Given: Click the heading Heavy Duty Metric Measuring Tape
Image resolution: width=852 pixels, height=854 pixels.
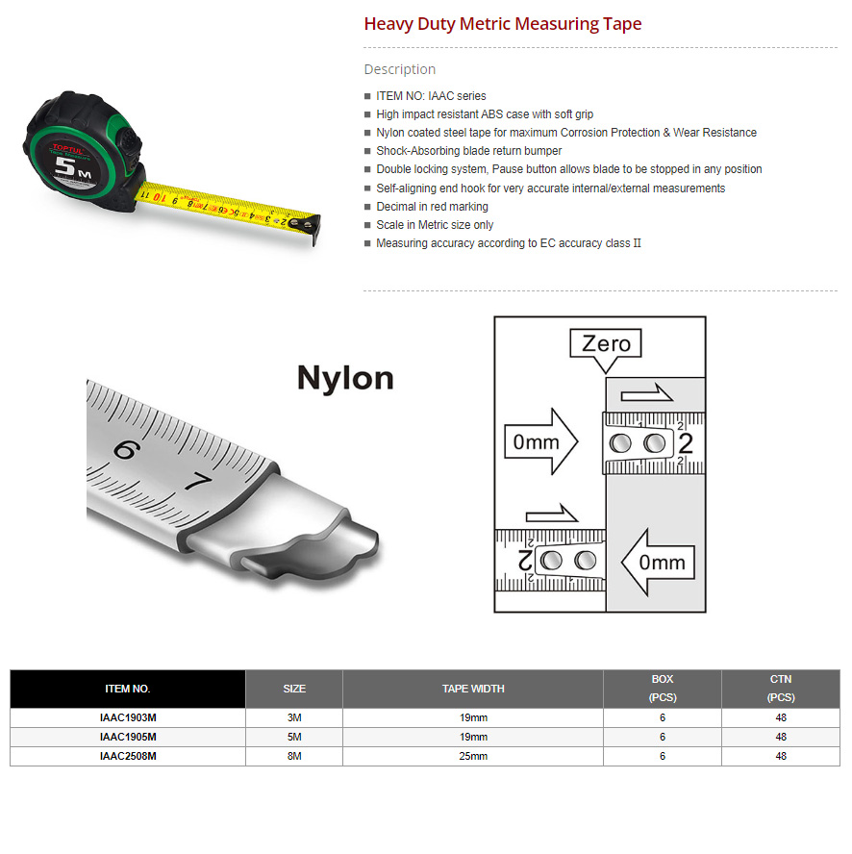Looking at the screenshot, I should coord(502,24).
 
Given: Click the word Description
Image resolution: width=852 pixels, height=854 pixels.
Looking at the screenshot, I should coord(399,69).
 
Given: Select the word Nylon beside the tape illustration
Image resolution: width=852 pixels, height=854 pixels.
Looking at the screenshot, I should coord(345,377).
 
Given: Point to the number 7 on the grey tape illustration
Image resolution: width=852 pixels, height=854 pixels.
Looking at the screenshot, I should coord(198,481).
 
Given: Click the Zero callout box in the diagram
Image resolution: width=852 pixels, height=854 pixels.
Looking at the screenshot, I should coord(606,344).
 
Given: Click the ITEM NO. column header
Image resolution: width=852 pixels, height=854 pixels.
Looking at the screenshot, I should coord(127,689).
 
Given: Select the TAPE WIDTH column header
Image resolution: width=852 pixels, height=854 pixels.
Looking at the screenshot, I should coord(472,689).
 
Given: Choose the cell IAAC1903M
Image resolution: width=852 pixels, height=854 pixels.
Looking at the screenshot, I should coord(127,718).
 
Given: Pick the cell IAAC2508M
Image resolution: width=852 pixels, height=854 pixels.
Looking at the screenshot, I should coord(127,757).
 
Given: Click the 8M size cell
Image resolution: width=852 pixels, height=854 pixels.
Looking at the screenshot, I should coord(293,757).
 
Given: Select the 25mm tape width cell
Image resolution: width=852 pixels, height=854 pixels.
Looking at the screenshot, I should coord(472,757).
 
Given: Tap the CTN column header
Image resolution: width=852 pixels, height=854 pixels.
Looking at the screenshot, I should coord(780,689).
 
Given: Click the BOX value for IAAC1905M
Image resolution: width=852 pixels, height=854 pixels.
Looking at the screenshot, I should coord(662,738).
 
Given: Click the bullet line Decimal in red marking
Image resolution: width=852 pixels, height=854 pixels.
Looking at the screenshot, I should coord(432,207).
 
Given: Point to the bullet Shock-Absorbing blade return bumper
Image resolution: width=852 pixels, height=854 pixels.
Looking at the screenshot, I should coord(468,151).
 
